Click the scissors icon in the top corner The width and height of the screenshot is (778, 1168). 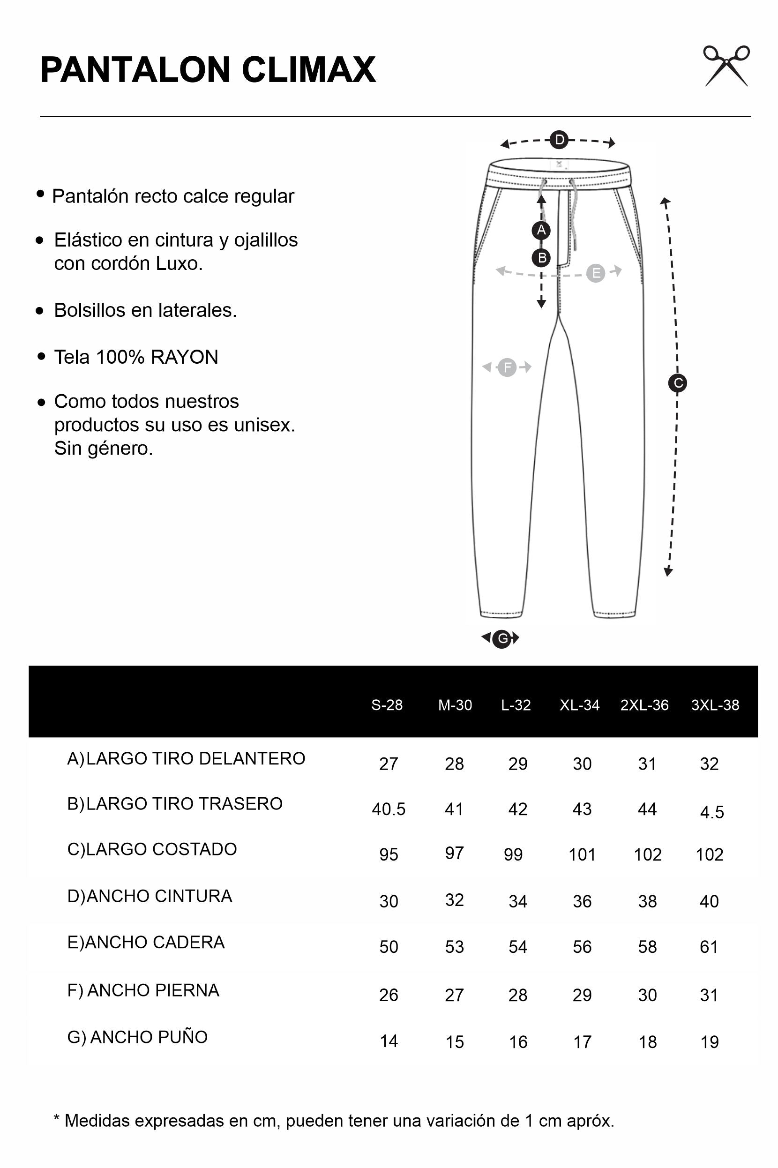click(x=726, y=66)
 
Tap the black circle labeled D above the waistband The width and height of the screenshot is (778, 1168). click(x=559, y=140)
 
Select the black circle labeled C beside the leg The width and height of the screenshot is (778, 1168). click(x=677, y=383)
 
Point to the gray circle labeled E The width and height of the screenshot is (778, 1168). click(x=595, y=273)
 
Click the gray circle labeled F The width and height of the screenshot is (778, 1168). click(x=507, y=367)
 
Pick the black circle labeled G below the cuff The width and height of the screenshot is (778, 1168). click(x=502, y=638)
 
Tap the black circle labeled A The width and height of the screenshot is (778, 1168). click(x=541, y=230)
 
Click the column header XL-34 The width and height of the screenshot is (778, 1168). click(x=580, y=705)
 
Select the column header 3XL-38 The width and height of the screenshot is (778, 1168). click(x=715, y=705)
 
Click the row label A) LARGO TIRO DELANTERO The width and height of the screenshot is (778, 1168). click(x=186, y=759)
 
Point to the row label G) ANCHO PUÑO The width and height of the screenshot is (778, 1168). click(x=137, y=1037)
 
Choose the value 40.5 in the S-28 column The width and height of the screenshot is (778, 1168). click(x=389, y=809)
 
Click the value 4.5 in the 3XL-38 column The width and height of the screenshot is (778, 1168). click(x=711, y=812)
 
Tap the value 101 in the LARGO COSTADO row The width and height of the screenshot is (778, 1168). click(x=582, y=854)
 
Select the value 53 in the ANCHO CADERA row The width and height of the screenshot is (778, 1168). click(x=454, y=947)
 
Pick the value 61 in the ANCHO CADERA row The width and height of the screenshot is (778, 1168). click(x=709, y=947)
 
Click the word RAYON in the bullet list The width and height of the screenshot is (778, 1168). click(x=184, y=357)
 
